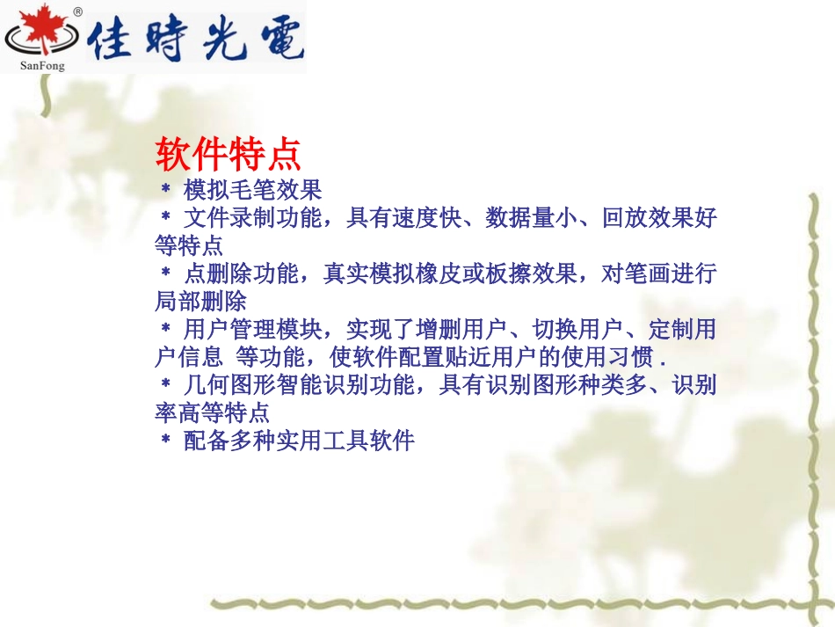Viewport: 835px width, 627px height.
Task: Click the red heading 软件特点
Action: point(229,156)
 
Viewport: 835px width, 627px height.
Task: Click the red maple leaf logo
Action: point(38,33)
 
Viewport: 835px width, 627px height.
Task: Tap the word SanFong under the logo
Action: point(42,64)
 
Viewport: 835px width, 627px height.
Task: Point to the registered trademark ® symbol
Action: point(77,11)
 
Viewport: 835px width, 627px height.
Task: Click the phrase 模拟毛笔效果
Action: point(252,189)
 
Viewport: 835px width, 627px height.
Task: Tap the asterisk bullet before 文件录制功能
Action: point(164,216)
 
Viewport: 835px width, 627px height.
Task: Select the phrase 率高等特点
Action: point(212,412)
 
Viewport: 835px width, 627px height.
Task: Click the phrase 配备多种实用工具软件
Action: point(298,441)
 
